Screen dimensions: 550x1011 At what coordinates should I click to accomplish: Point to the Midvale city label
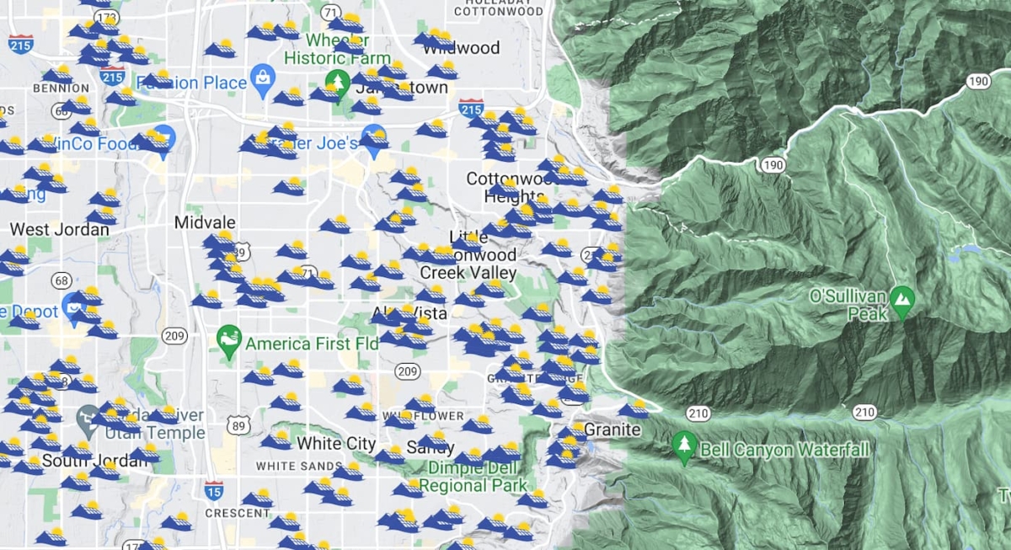(x=204, y=222)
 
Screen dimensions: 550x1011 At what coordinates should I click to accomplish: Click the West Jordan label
(x=48, y=229)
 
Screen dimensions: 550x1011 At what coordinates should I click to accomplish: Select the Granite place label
(x=612, y=430)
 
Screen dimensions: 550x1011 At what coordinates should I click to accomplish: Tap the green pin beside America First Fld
(x=228, y=339)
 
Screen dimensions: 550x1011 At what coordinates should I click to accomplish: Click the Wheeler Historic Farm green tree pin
(x=338, y=83)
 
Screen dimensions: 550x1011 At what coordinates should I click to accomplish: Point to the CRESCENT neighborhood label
(x=238, y=513)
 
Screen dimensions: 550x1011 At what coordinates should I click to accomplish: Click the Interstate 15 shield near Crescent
(x=214, y=490)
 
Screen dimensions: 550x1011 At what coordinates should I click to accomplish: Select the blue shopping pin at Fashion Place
(x=264, y=77)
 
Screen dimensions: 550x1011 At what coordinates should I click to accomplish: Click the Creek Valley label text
(x=468, y=273)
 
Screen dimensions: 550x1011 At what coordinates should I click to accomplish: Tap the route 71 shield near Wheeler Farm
(x=330, y=12)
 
